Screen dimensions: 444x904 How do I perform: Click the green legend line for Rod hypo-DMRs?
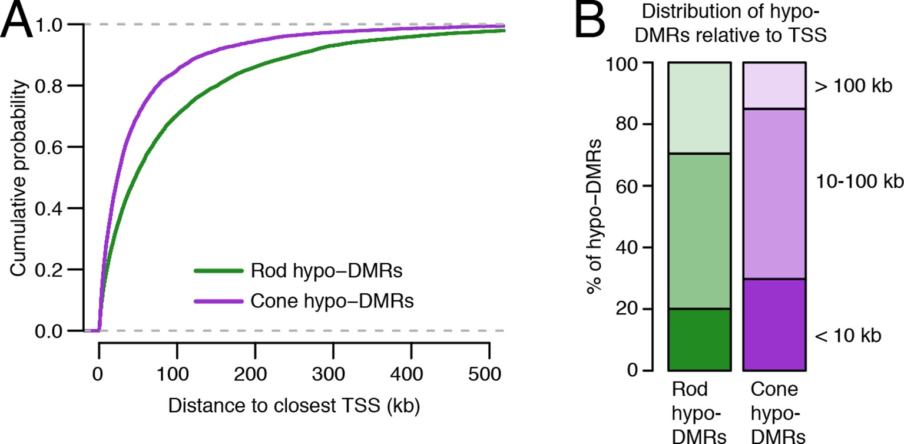218,271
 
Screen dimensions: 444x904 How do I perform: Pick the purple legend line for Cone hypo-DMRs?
218,301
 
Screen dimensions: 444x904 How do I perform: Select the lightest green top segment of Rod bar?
700,108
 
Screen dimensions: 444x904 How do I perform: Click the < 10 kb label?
849,336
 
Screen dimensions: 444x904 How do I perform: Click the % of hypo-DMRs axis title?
594,216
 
